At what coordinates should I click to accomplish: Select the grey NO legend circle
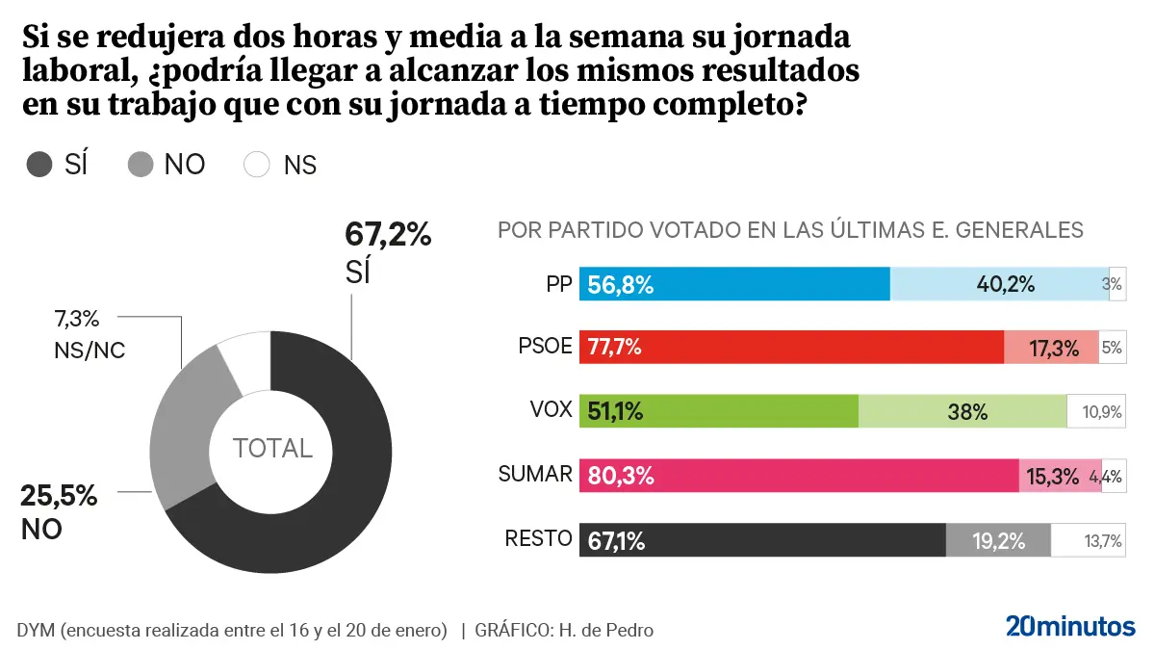pyautogui.click(x=141, y=165)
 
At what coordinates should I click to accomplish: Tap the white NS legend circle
pyautogui.click(x=258, y=165)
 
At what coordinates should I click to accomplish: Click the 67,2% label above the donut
pyautogui.click(x=387, y=234)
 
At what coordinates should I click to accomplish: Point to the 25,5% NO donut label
pyautogui.click(x=59, y=497)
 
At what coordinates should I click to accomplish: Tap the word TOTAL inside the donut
pyautogui.click(x=272, y=448)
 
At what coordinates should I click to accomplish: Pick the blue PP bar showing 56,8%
pyautogui.click(x=734, y=284)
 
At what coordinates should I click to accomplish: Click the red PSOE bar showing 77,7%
pyautogui.click(x=791, y=348)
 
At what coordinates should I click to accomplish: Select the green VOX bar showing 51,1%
pyautogui.click(x=718, y=411)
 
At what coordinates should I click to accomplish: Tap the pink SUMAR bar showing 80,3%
pyautogui.click(x=799, y=475)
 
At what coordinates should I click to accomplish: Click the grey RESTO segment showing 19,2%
pyautogui.click(x=998, y=540)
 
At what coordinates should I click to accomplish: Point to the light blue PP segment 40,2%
pyautogui.click(x=999, y=284)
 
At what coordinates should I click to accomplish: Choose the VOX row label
pyautogui.click(x=551, y=411)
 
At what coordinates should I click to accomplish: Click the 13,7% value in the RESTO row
pyautogui.click(x=1103, y=541)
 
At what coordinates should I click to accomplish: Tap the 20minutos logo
pyautogui.click(x=1070, y=626)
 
